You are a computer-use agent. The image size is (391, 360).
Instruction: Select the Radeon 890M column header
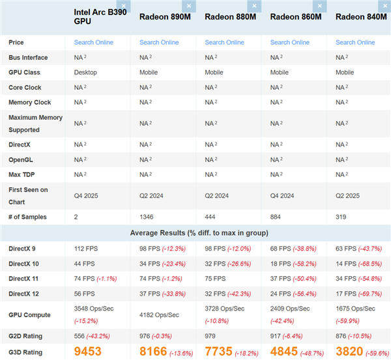click(161, 16)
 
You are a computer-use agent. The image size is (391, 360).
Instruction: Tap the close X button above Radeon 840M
click(385, 6)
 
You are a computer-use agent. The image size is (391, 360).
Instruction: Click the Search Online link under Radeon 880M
click(224, 42)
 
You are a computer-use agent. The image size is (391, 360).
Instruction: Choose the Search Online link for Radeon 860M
click(290, 42)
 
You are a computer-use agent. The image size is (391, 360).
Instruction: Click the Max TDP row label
click(22, 174)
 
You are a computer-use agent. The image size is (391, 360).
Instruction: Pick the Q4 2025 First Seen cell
click(86, 195)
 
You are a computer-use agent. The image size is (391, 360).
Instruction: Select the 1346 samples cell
click(149, 216)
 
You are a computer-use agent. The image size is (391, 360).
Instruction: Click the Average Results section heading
click(195, 233)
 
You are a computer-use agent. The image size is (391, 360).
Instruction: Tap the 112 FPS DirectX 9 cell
click(85, 249)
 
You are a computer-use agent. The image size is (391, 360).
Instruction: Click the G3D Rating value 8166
click(153, 352)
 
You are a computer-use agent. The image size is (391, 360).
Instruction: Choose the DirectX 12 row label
click(25, 294)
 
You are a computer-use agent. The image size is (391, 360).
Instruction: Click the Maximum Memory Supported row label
click(35, 123)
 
